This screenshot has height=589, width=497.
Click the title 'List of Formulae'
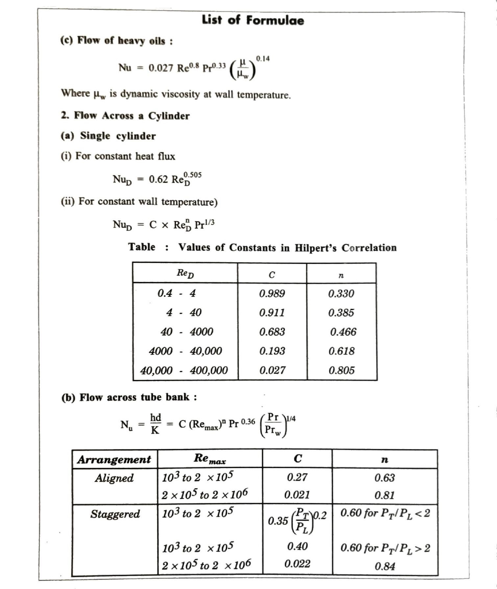(x=253, y=20)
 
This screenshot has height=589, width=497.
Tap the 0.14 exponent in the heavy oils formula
(x=263, y=59)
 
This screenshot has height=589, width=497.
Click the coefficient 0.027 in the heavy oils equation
(x=161, y=68)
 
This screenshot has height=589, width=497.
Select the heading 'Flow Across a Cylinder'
(x=131, y=116)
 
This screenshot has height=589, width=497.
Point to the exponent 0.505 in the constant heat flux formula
(x=193, y=175)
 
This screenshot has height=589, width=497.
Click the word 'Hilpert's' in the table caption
(x=315, y=247)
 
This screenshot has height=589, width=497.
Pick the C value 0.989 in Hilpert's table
(x=272, y=293)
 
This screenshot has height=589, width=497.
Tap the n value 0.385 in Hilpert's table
(x=341, y=313)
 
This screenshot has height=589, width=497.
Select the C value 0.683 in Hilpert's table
(x=272, y=332)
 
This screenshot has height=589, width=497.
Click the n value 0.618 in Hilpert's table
(x=342, y=351)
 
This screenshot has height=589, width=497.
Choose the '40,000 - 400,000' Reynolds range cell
(x=184, y=370)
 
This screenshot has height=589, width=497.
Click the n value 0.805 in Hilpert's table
(x=342, y=370)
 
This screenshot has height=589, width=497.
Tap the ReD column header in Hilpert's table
(x=185, y=273)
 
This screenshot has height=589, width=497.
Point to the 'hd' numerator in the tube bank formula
(x=155, y=417)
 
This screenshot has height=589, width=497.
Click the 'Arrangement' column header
(x=114, y=459)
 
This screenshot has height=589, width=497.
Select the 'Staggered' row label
(x=115, y=514)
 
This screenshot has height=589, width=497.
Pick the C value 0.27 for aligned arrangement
(x=297, y=477)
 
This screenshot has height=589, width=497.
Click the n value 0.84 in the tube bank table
(x=385, y=566)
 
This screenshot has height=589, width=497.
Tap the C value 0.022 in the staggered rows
(x=297, y=564)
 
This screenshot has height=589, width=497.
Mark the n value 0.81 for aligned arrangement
(x=385, y=495)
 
